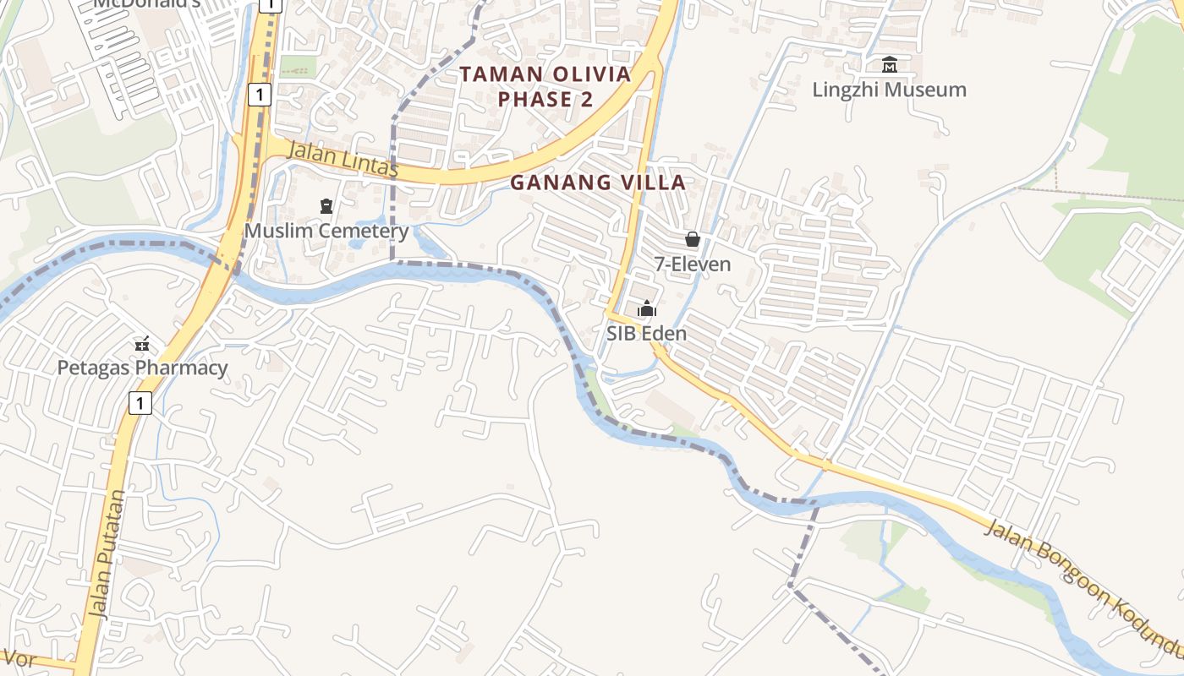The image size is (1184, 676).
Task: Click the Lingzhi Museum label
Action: point(889,90)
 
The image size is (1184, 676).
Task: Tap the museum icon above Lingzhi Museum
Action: point(889,64)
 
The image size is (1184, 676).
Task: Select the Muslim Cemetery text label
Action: point(326,231)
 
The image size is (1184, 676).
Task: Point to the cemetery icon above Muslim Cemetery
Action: point(326,205)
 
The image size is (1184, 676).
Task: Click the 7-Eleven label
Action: point(693,264)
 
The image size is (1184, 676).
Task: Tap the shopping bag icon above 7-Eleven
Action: point(693,240)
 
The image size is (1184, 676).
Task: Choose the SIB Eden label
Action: point(646,334)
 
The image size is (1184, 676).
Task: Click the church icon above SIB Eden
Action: point(647,308)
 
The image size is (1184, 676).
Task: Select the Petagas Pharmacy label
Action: point(142,368)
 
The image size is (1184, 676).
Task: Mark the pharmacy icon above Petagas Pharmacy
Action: point(142,344)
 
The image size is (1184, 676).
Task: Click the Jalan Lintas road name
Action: point(343,160)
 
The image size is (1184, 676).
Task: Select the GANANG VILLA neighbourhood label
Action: point(598,183)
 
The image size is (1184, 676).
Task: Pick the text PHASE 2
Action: point(545,100)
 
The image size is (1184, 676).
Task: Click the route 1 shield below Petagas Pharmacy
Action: point(140,403)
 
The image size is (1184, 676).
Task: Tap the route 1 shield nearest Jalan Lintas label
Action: point(260,95)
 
